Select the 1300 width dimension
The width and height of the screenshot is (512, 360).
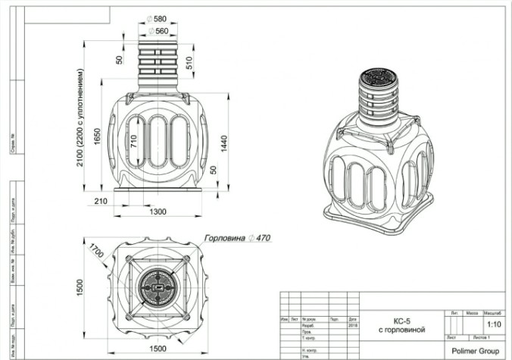click(158, 211)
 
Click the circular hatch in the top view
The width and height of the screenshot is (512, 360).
click(158, 289)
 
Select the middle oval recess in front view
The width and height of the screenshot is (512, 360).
click(158, 142)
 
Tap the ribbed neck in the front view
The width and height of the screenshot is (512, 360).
click(158, 67)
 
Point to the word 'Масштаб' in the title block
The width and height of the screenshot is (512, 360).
click(493, 312)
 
